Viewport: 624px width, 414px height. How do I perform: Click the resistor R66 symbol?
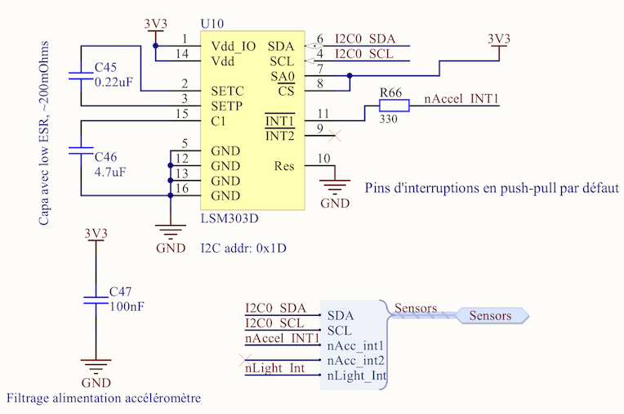[393, 105]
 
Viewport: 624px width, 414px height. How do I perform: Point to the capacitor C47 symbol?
[95, 299]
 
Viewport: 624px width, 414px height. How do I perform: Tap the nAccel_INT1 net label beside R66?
[461, 99]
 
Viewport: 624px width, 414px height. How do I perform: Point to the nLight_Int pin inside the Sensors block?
[356, 376]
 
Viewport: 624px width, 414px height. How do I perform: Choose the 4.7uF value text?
[111, 171]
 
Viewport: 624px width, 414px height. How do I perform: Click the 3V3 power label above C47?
[96, 233]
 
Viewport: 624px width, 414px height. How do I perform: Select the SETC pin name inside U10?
[225, 91]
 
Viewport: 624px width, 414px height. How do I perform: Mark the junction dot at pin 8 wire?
[350, 76]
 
